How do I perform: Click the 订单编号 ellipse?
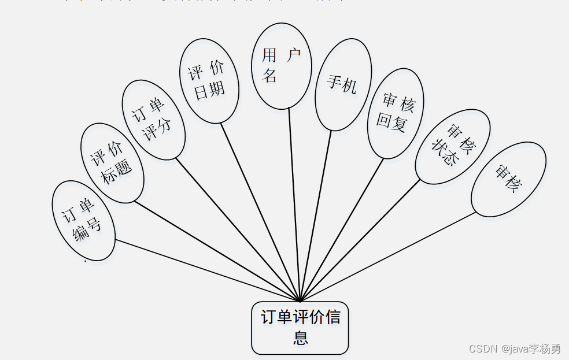pyautogui.click(x=83, y=220)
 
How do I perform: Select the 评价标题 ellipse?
pyautogui.click(x=112, y=163)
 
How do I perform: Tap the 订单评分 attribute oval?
pyautogui.click(x=153, y=120)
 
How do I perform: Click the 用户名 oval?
pyautogui.click(x=282, y=65)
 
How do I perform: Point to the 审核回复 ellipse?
pyautogui.click(x=396, y=113)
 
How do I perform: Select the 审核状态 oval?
pyautogui.click(x=453, y=146)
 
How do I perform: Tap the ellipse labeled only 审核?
pyautogui.click(x=508, y=179)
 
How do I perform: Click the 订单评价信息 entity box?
pyautogui.click(x=300, y=328)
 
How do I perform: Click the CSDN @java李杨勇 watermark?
pyautogui.click(x=515, y=348)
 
